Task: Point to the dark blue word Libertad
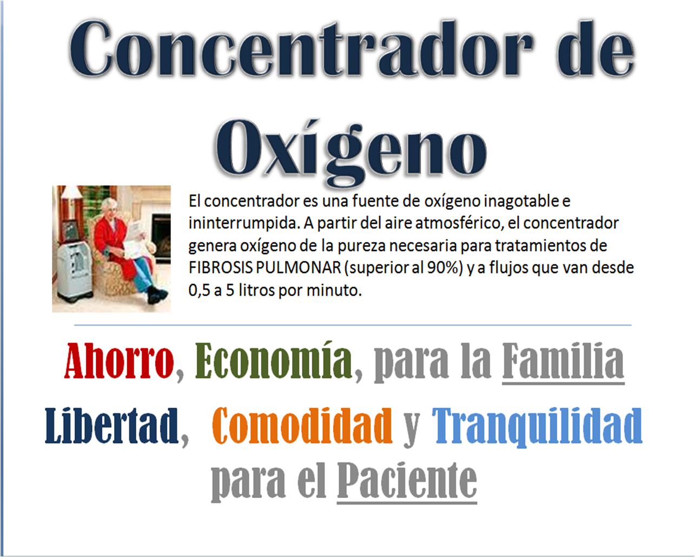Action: tap(112, 425)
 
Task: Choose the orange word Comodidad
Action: tap(302, 425)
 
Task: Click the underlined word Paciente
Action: tap(407, 481)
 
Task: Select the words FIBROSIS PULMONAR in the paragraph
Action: tap(265, 267)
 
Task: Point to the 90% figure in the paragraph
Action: tap(445, 267)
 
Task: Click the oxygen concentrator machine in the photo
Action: tap(74, 271)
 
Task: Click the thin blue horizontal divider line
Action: tap(353, 325)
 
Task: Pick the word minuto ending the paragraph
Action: tap(334, 290)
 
